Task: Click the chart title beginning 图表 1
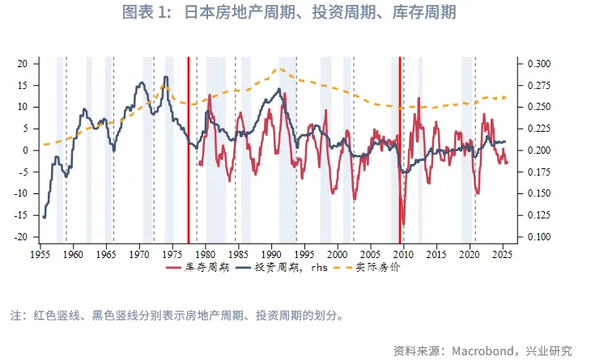(x=295, y=13)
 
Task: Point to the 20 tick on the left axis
(x=23, y=63)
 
